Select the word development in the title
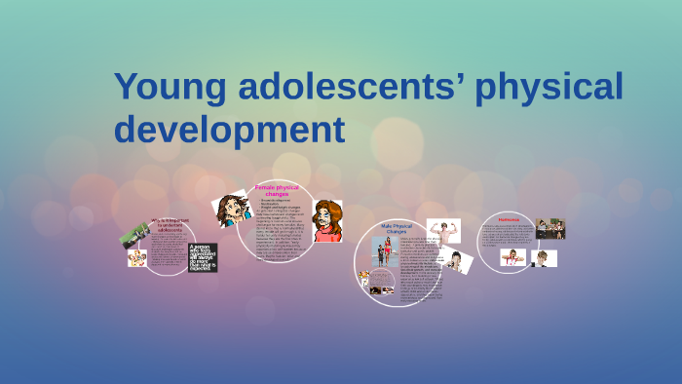[230, 128]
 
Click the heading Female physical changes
[277, 189]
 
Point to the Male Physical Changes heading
[398, 230]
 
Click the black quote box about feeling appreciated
[203, 256]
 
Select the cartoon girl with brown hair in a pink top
[327, 221]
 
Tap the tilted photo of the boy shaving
[455, 261]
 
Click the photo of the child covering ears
[512, 256]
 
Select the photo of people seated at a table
[549, 229]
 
